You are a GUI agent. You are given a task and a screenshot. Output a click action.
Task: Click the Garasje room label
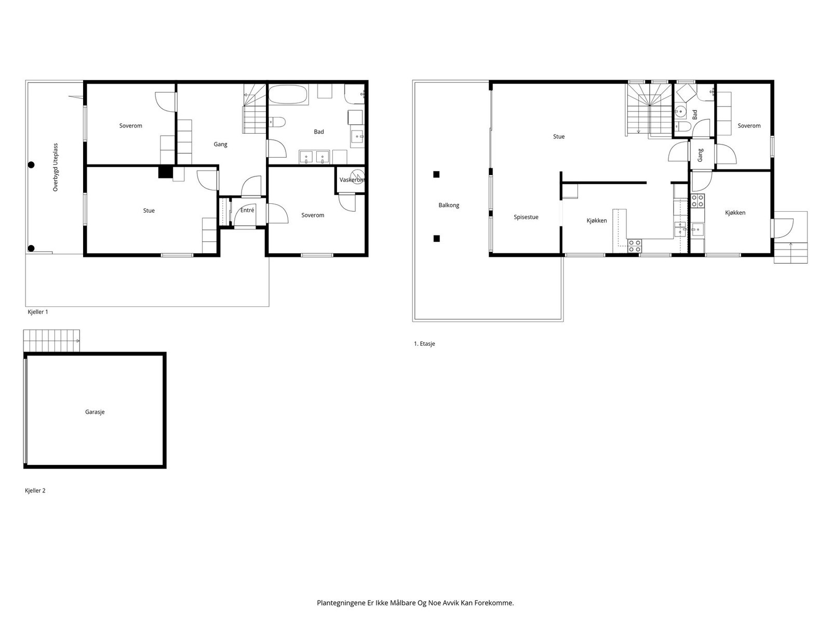tap(95, 412)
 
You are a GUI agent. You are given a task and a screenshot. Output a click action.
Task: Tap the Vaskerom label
tap(352, 180)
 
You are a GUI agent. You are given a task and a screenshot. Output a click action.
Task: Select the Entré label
tap(247, 210)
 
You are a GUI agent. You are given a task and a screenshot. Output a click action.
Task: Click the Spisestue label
tap(526, 217)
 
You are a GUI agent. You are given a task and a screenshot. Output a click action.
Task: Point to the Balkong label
tap(449, 205)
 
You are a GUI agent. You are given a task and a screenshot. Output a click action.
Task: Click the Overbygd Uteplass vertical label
tap(56, 167)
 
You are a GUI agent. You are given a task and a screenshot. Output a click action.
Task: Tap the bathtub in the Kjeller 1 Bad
tap(288, 94)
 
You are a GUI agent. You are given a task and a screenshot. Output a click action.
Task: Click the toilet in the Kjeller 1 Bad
tap(277, 122)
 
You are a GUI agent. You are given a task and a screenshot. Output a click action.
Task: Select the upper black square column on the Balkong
tap(436, 174)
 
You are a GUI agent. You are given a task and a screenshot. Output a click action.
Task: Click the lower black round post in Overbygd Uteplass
tap(32, 249)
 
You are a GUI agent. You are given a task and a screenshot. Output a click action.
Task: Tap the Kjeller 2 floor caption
tap(35, 491)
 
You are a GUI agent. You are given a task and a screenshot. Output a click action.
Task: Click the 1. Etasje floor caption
tap(424, 344)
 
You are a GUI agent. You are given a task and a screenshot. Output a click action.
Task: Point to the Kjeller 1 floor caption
tap(38, 312)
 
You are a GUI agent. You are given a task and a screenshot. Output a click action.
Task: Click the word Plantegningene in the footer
tap(341, 603)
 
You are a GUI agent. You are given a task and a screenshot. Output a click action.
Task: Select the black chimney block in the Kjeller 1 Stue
tap(166, 172)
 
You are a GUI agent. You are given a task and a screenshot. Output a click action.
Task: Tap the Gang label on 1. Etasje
tap(700, 155)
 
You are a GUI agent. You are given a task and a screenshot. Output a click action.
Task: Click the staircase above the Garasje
tap(51, 341)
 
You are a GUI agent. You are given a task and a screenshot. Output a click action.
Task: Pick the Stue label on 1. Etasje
tap(559, 136)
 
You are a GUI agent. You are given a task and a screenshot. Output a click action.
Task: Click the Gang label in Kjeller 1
tap(220, 145)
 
